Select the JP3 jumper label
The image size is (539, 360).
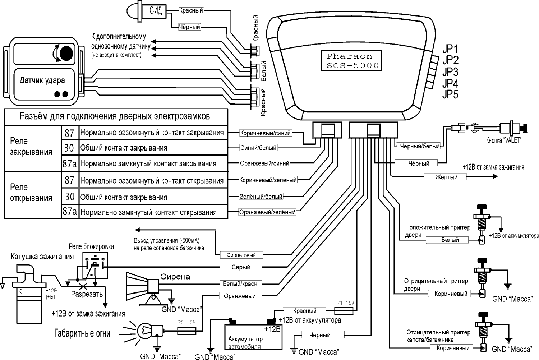pos(450,71)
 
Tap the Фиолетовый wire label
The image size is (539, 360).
pos(241,255)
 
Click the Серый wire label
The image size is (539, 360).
pos(241,267)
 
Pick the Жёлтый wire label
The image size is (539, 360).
pos(446,177)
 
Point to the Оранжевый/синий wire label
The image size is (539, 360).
pos(264,163)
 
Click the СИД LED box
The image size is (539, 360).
pos(155,10)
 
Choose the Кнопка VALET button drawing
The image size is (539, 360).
pos(512,128)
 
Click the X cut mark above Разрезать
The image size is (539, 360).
pos(85,286)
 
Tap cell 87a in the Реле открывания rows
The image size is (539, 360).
pos(70,212)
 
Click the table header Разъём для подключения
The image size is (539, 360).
pos(115,116)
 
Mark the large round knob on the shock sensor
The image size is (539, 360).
pos(66,53)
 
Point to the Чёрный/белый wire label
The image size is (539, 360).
pos(420,146)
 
